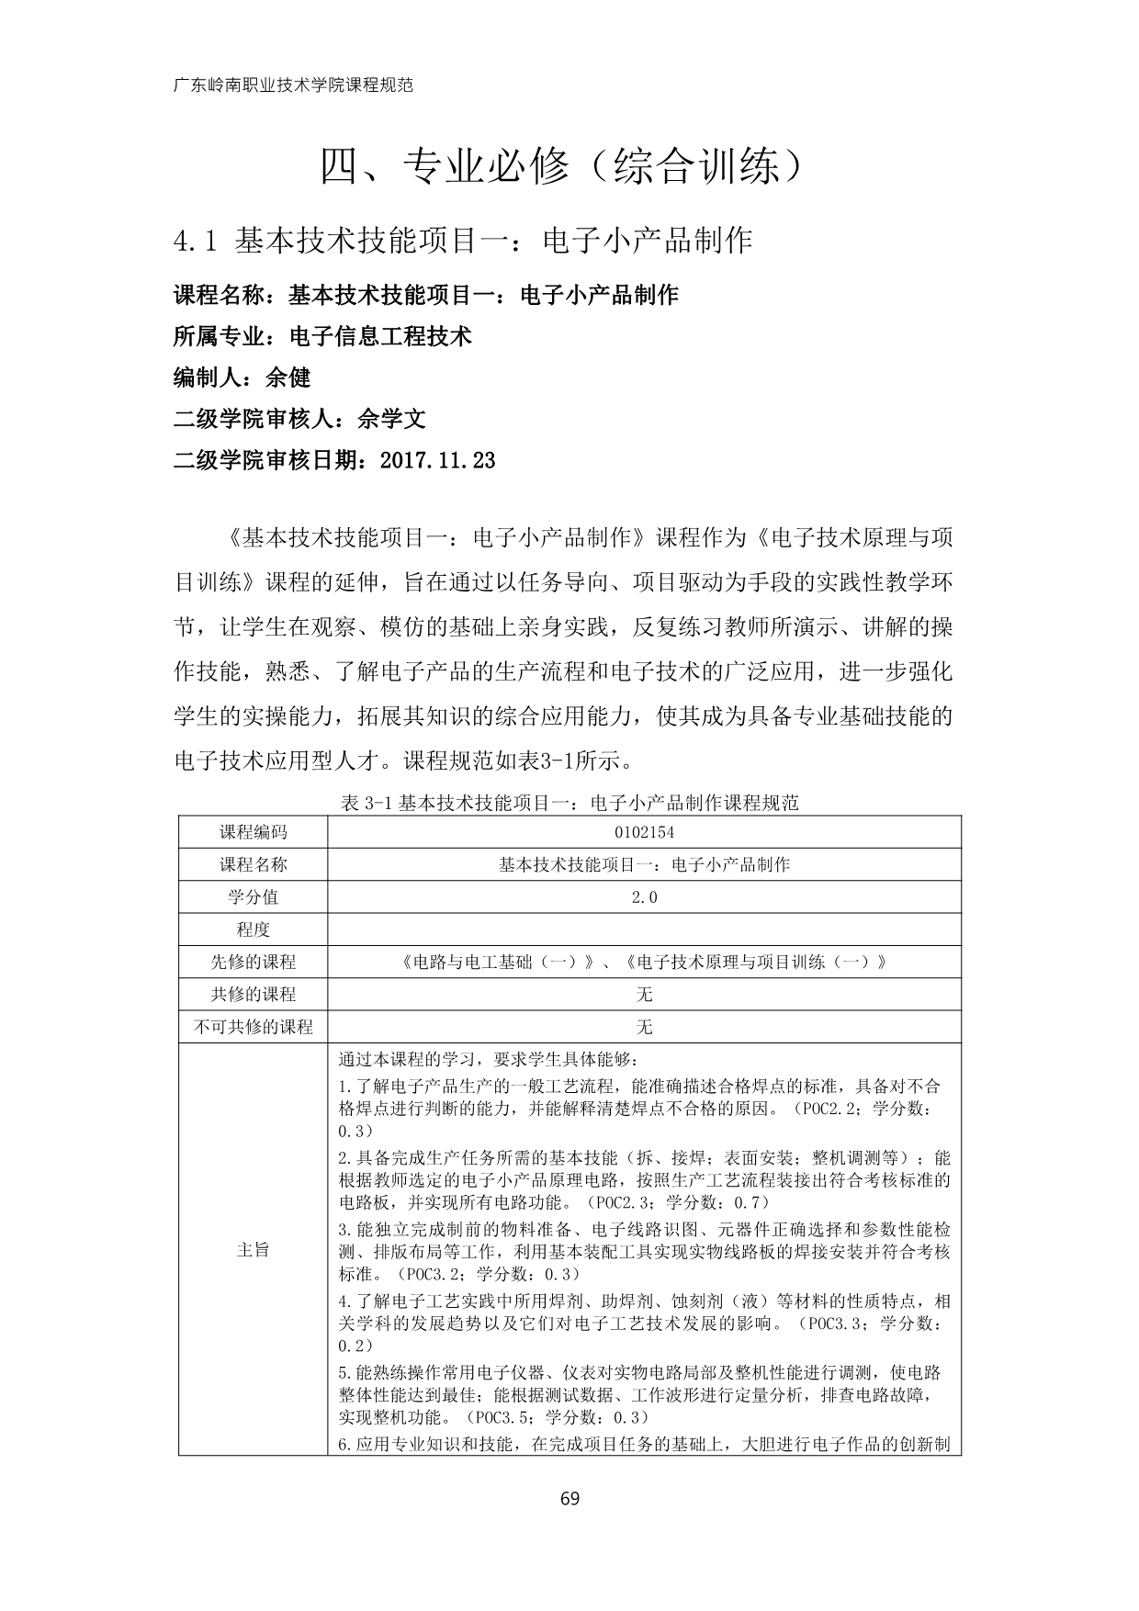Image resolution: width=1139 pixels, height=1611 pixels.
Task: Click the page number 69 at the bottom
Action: pos(569,1499)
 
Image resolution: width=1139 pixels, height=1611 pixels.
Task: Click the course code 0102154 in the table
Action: pos(644,832)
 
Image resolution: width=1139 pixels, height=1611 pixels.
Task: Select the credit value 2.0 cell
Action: pos(644,897)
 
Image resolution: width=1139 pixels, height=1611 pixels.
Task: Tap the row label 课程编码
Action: pos(253,832)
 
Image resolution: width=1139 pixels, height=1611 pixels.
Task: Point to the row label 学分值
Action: pos(253,897)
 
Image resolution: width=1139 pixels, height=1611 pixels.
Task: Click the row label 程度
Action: pos(253,929)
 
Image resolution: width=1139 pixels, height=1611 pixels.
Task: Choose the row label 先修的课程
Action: pos(253,963)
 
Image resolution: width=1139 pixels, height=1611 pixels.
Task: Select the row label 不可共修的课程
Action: pos(253,1027)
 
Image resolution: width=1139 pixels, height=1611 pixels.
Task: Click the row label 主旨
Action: pos(253,1249)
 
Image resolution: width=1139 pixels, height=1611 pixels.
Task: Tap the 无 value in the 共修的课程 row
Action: pos(644,995)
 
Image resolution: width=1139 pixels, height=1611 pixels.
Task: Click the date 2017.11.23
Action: pos(436,460)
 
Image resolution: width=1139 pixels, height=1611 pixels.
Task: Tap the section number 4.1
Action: pos(194,241)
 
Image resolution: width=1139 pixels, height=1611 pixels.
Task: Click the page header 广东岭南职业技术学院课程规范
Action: pos(293,85)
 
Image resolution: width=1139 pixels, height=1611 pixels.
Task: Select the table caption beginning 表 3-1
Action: pos(569,803)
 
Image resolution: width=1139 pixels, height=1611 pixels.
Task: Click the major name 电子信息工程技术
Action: pos(380,336)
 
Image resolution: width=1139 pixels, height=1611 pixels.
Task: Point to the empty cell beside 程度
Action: pos(644,929)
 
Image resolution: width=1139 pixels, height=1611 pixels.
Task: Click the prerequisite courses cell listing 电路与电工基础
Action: pos(644,963)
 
